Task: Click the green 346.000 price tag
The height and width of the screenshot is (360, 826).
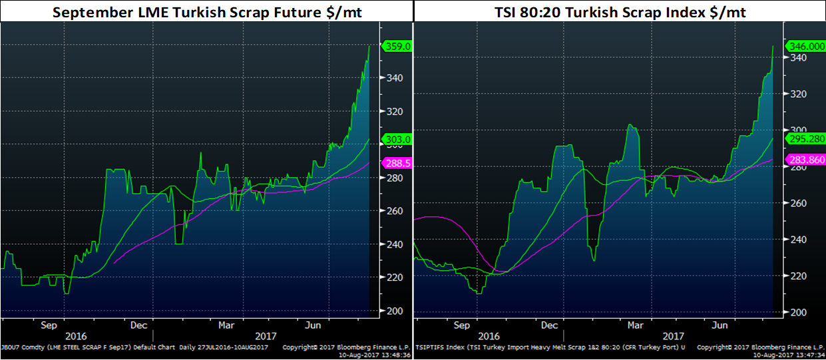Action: click(x=804, y=47)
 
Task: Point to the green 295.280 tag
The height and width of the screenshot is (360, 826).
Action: click(x=804, y=138)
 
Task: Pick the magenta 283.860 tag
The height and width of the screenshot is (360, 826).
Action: click(x=804, y=159)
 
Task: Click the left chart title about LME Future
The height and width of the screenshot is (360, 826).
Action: click(x=207, y=11)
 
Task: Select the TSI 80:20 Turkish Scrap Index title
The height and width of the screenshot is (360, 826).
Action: click(x=619, y=11)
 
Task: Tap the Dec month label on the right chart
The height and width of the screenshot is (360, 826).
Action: click(x=550, y=325)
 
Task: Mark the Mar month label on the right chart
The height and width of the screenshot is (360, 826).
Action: click(x=636, y=325)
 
